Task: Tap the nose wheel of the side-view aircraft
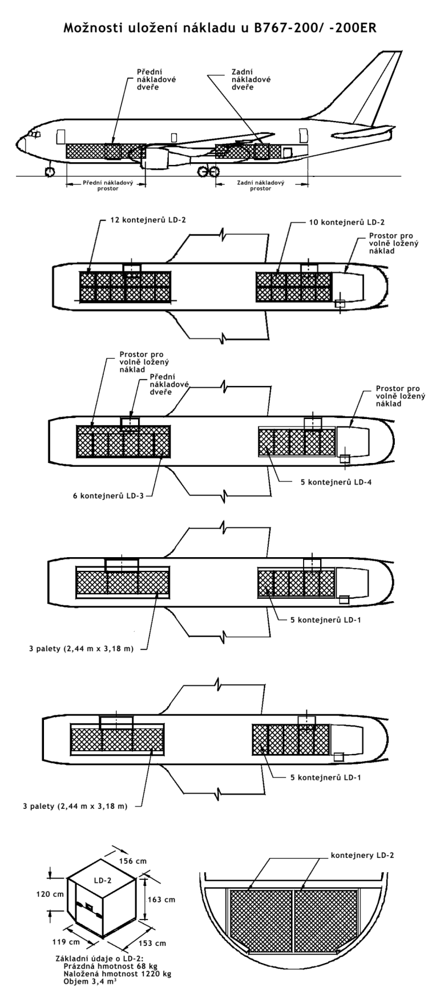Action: point(50,171)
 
